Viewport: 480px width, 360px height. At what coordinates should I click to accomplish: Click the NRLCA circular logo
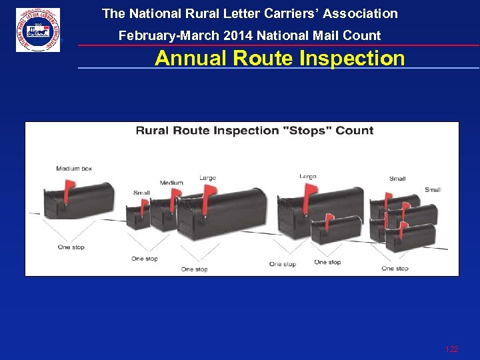click(x=38, y=30)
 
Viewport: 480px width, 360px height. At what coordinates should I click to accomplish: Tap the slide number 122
click(x=451, y=349)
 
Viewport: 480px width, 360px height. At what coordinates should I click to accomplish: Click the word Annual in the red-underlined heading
click(x=191, y=59)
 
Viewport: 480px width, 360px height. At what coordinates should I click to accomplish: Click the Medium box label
click(x=74, y=169)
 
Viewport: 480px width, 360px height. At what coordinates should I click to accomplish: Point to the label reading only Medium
click(x=171, y=183)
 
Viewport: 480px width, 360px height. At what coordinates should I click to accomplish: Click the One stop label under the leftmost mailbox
click(x=71, y=247)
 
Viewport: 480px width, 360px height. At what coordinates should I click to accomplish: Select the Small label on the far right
click(x=433, y=190)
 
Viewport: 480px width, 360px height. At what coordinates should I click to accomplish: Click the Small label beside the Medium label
click(x=141, y=193)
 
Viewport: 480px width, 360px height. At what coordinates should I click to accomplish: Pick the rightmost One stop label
click(x=395, y=268)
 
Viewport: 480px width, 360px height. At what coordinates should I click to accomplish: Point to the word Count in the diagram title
click(x=353, y=130)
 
